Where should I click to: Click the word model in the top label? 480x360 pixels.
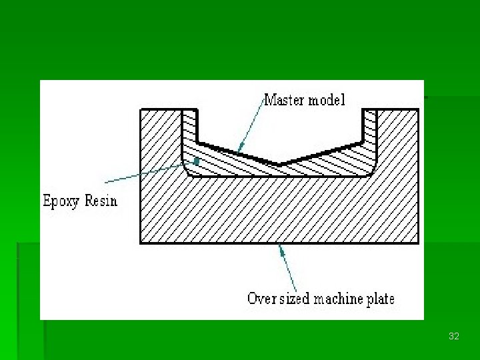329,101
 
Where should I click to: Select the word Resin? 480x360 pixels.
101,200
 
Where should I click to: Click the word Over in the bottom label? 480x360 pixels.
260,298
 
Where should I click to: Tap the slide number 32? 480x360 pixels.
454,337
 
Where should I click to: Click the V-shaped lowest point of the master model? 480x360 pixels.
280,163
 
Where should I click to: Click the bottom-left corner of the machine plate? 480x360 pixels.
141,243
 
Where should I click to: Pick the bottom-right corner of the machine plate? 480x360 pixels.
419,243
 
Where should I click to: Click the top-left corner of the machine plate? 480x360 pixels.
141,110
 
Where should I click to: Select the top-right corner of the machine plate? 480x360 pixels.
419,110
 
